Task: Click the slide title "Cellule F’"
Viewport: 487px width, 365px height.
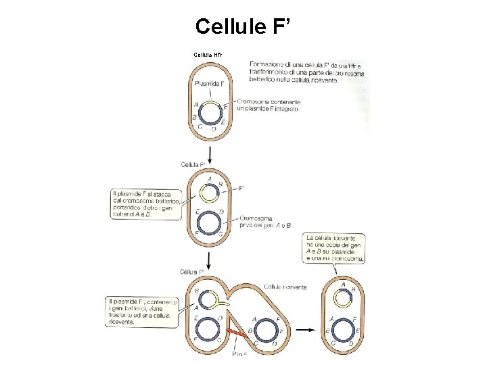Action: [x=244, y=26]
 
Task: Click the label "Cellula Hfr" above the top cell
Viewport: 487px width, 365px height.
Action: [x=208, y=54]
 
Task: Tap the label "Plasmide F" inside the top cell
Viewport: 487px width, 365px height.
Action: [x=209, y=84]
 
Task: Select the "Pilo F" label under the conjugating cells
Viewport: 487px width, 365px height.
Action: [x=240, y=355]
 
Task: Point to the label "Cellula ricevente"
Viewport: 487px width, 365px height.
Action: [x=285, y=287]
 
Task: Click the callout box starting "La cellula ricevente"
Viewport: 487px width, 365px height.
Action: [x=335, y=248]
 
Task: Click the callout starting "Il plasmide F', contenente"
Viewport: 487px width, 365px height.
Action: [x=141, y=312]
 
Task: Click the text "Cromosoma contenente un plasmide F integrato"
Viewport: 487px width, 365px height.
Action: [x=266, y=105]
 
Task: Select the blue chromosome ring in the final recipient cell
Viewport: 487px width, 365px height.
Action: [x=343, y=329]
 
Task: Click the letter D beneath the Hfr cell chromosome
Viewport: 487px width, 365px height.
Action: [x=214, y=128]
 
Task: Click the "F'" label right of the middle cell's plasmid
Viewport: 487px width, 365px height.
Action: [x=242, y=189]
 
